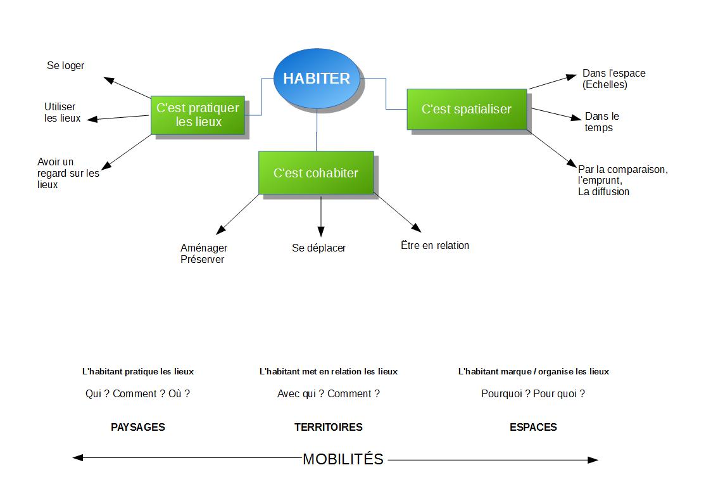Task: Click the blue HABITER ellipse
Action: (x=317, y=79)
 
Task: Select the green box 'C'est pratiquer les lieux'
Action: (x=198, y=115)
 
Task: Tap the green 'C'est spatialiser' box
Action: (x=466, y=109)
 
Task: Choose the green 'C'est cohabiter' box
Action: (x=315, y=173)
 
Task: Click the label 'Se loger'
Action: (x=65, y=66)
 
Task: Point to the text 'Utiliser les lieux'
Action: (x=62, y=112)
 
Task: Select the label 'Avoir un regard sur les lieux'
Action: (x=68, y=173)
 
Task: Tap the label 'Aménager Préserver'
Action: (x=203, y=253)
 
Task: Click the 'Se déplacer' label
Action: (x=318, y=248)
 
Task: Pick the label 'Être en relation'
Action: (x=435, y=245)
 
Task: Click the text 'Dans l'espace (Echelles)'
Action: (x=613, y=79)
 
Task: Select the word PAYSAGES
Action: (x=137, y=427)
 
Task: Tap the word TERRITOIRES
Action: (x=328, y=427)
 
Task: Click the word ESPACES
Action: (x=533, y=427)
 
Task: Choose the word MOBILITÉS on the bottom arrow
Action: (x=343, y=459)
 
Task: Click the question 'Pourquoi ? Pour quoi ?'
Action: (x=532, y=393)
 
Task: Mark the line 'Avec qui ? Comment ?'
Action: (x=328, y=393)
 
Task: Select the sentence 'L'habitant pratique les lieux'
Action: (x=137, y=371)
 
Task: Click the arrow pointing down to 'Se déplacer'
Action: (x=321, y=216)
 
